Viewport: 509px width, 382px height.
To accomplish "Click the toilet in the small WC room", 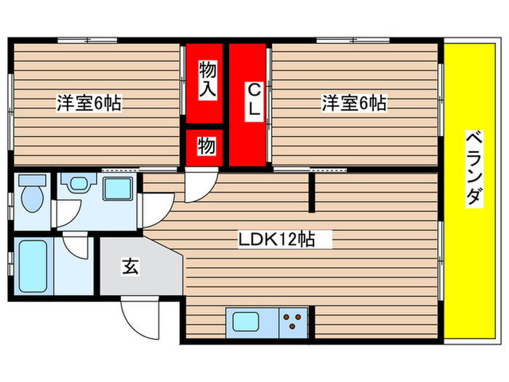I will pos(31,194).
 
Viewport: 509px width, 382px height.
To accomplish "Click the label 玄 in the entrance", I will pos(129,266).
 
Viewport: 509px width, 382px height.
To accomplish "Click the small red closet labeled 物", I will pos(207,146).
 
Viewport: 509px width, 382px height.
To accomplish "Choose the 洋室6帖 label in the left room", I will pos(89,103).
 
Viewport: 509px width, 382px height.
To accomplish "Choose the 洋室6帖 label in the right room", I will pos(354,103).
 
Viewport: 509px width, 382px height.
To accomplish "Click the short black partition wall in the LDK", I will pos(313,191).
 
